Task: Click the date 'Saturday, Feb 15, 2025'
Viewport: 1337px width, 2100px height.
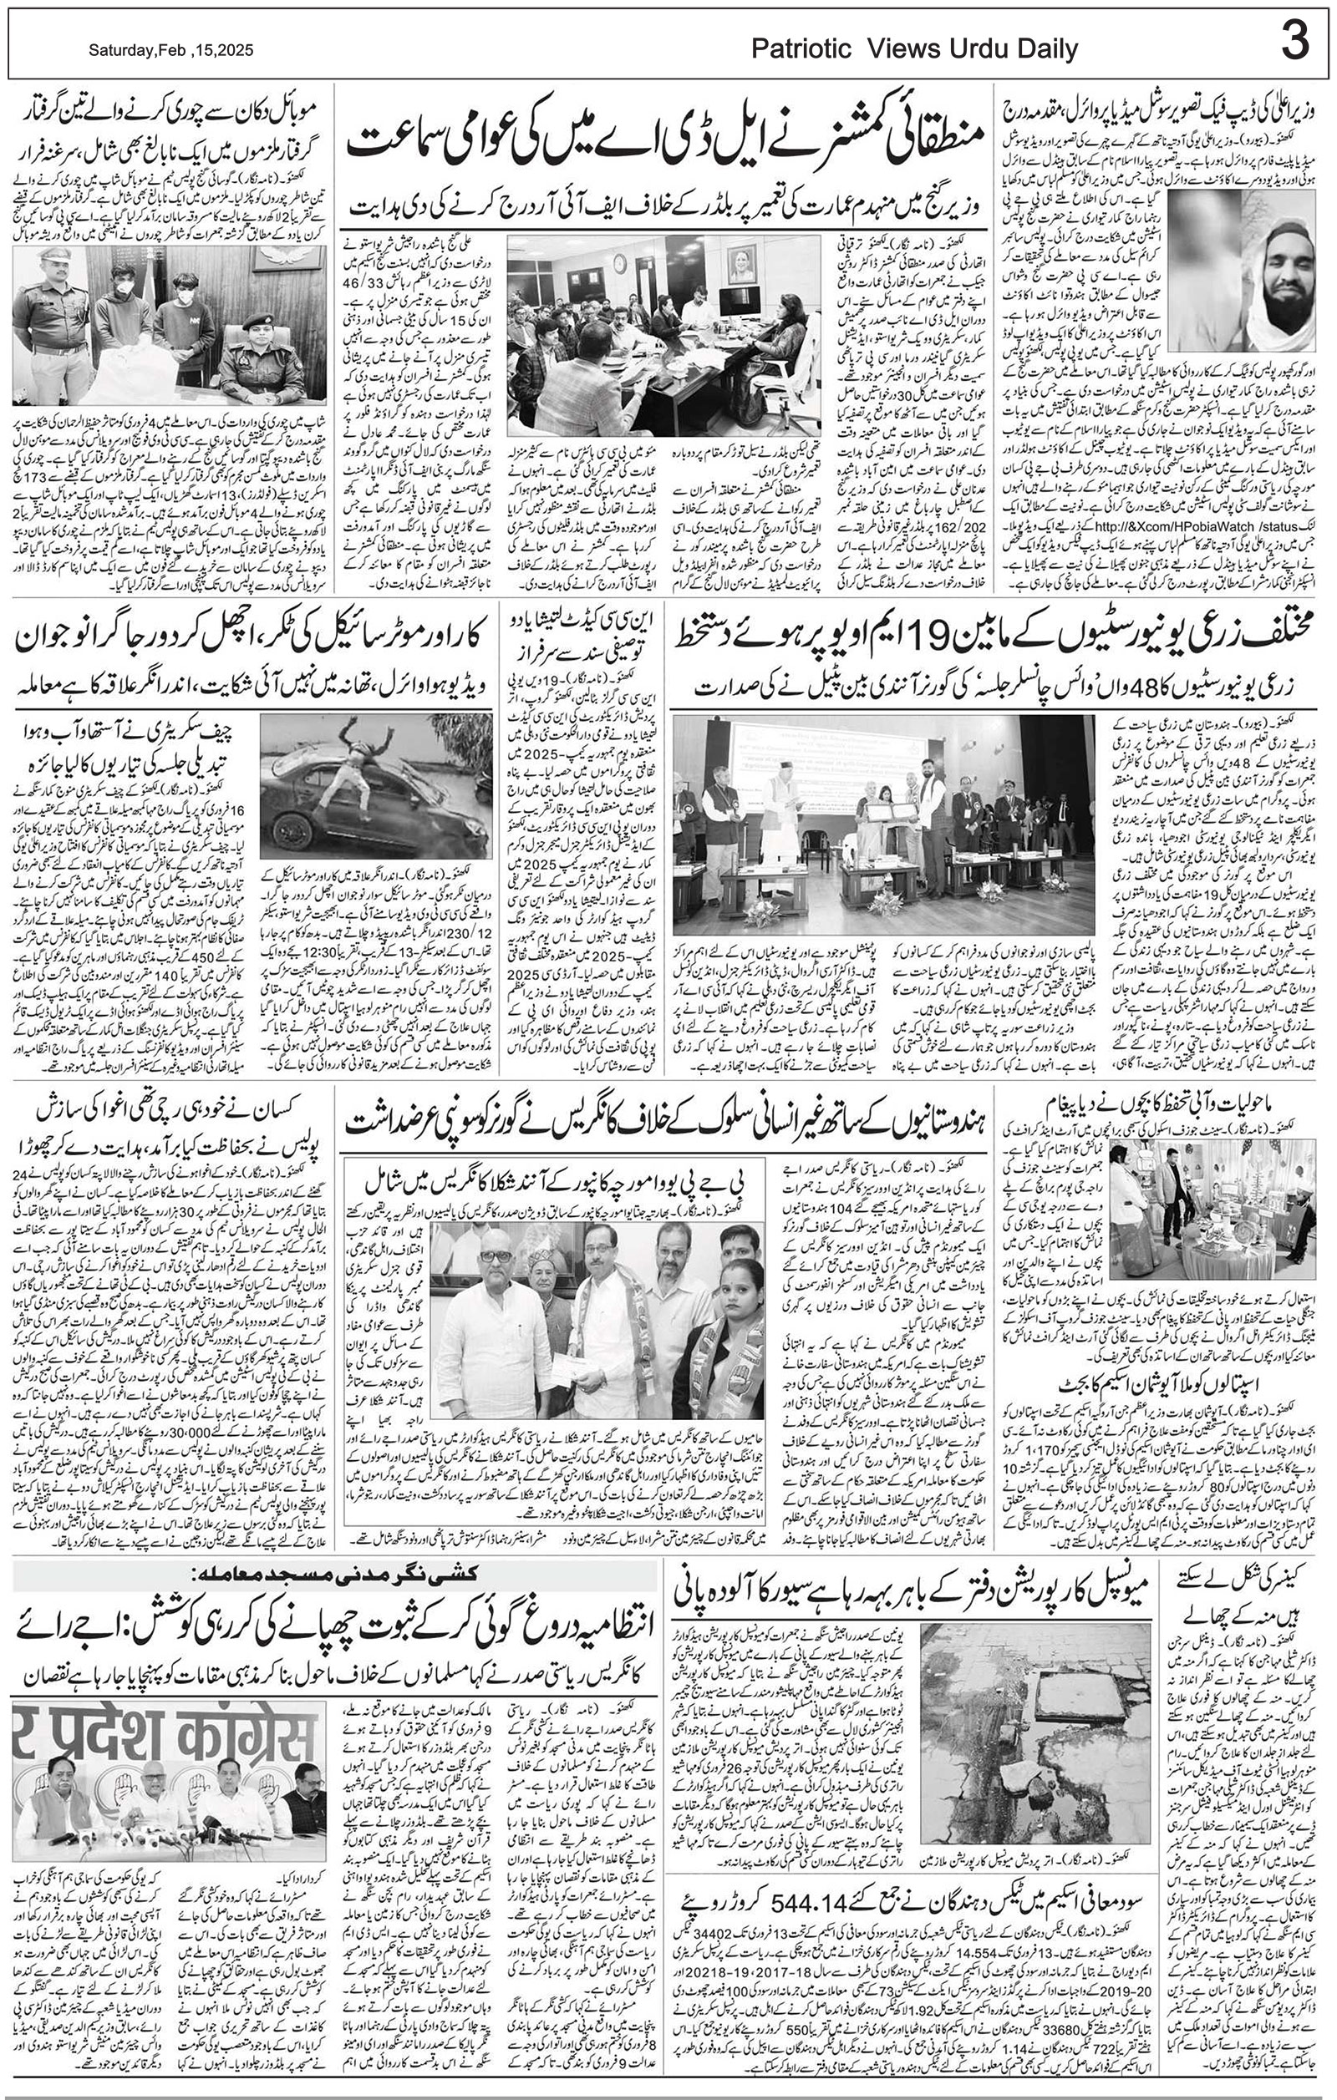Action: point(171,51)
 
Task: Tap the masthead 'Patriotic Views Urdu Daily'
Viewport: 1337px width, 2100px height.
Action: point(915,50)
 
